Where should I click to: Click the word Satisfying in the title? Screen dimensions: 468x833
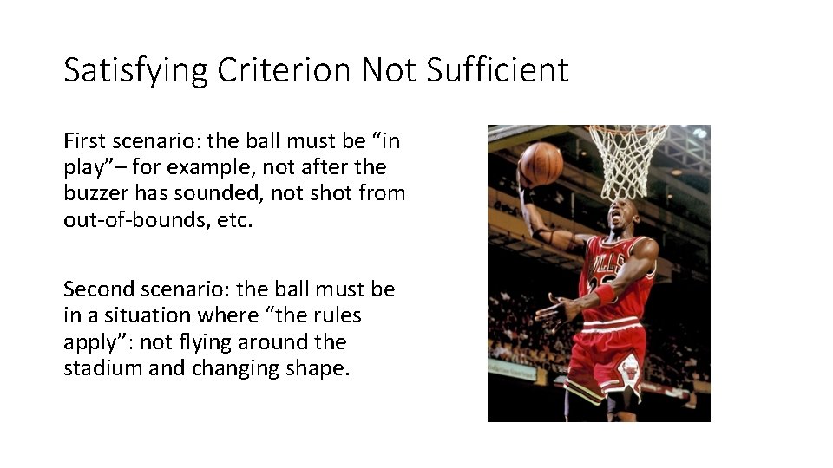coord(135,70)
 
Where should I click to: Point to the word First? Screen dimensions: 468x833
coord(82,140)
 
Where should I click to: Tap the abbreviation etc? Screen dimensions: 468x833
coord(234,219)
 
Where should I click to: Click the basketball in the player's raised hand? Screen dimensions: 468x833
coord(541,164)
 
